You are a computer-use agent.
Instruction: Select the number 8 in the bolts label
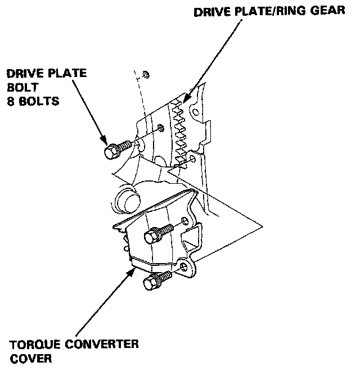(x=10, y=102)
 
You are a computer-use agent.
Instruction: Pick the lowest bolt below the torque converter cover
(x=156, y=279)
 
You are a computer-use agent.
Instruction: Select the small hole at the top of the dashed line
(x=146, y=74)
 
